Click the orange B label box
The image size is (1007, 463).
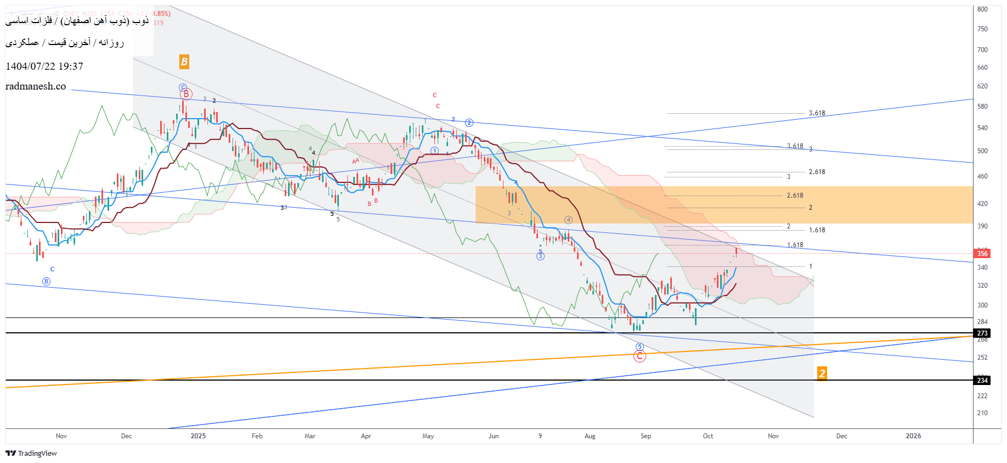click(184, 62)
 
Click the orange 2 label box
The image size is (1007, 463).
click(822, 373)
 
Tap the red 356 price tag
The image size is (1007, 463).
click(982, 253)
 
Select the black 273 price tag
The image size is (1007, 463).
click(982, 333)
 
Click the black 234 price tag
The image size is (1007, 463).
click(982, 381)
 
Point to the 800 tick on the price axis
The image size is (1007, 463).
click(982, 9)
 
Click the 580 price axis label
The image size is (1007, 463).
click(982, 107)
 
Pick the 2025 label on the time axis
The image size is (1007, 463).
click(198, 436)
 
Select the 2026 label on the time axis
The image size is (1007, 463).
click(913, 436)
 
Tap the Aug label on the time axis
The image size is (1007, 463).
click(590, 436)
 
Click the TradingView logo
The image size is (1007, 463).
click(31, 453)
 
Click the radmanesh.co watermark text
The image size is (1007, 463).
click(36, 86)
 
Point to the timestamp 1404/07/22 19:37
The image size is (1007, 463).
click(44, 66)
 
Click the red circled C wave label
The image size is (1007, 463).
click(640, 356)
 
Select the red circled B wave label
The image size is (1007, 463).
click(186, 94)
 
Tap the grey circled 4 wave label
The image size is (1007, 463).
click(568, 220)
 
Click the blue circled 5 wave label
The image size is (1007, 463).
click(640, 347)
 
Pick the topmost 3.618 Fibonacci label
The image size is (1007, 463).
click(817, 113)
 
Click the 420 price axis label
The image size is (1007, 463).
click(982, 204)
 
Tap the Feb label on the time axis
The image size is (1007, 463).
click(257, 436)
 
